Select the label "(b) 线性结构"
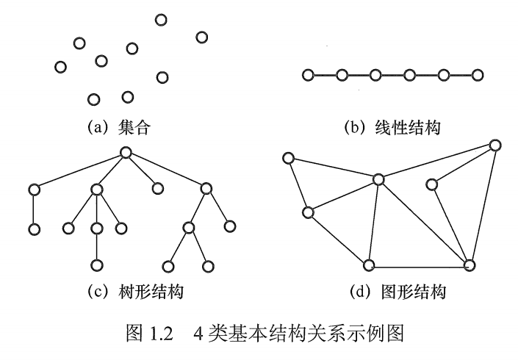click(x=392, y=127)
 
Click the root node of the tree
click(x=126, y=153)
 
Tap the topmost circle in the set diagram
click(x=161, y=19)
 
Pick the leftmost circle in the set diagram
click(x=61, y=67)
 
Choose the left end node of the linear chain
click(x=308, y=75)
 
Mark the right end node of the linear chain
click(x=478, y=75)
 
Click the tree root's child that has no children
click(x=157, y=189)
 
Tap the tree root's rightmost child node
click(x=206, y=190)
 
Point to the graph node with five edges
click(x=378, y=179)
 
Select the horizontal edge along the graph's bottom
click(x=419, y=264)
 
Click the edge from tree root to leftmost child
click(x=79, y=171)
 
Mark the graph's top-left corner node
click(x=289, y=157)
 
